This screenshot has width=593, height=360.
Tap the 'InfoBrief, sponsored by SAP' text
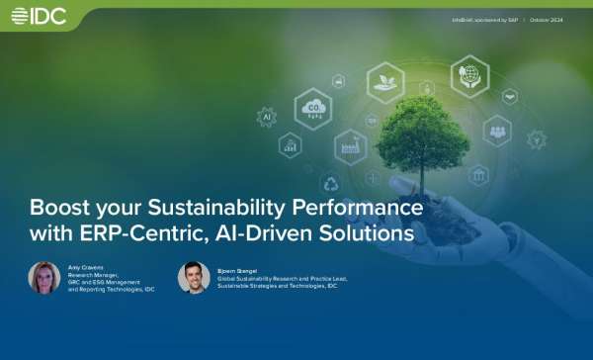click(485, 19)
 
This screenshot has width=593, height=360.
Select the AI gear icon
click(266, 117)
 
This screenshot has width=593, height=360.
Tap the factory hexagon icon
click(350, 147)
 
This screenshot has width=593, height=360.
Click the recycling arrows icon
click(330, 183)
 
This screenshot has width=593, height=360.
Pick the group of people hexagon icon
click(496, 130)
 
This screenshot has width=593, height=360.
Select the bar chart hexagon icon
click(291, 145)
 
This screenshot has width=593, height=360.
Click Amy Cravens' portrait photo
click(44, 278)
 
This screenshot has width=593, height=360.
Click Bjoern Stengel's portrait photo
click(194, 278)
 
